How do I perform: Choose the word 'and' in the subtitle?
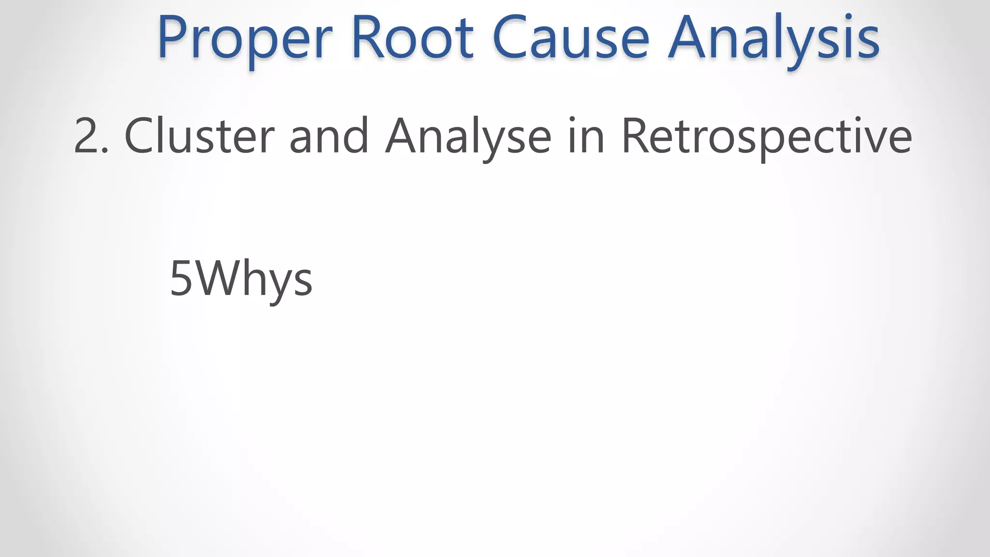329,136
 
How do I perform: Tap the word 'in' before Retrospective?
586,136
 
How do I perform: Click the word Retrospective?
766,136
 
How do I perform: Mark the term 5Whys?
241,279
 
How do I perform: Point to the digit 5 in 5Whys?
181,279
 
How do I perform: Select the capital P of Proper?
172,38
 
